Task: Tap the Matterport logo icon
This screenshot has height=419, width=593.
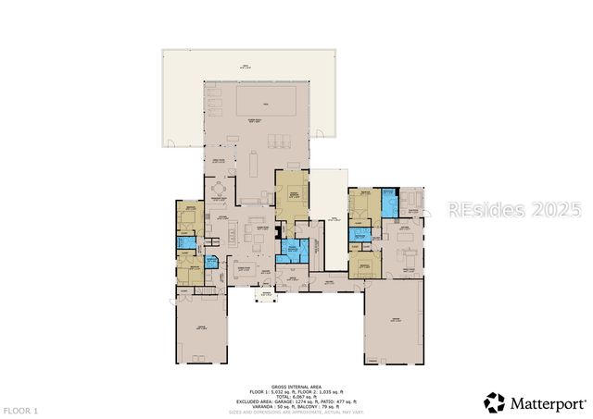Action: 495,402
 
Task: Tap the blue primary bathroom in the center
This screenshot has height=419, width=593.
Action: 291,248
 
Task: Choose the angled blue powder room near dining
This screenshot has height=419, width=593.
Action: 211,262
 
